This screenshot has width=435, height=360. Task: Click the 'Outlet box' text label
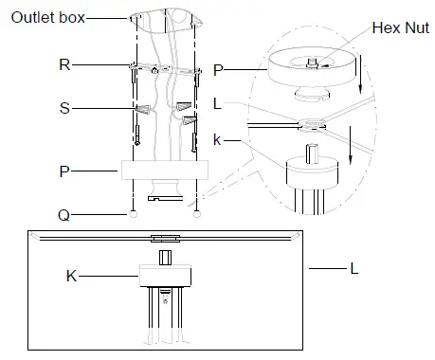[48, 17]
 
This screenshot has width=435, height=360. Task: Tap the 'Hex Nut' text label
[401, 27]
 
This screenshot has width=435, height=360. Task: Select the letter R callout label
[64, 64]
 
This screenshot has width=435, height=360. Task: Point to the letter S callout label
[64, 108]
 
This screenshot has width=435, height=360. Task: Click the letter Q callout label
[64, 216]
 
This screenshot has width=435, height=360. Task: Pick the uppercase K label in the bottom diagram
[71, 276]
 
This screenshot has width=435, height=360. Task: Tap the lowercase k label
[217, 139]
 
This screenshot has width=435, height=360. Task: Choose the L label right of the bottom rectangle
[354, 269]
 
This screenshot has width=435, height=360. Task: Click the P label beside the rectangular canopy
[64, 171]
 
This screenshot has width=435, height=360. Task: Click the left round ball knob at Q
[134, 214]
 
